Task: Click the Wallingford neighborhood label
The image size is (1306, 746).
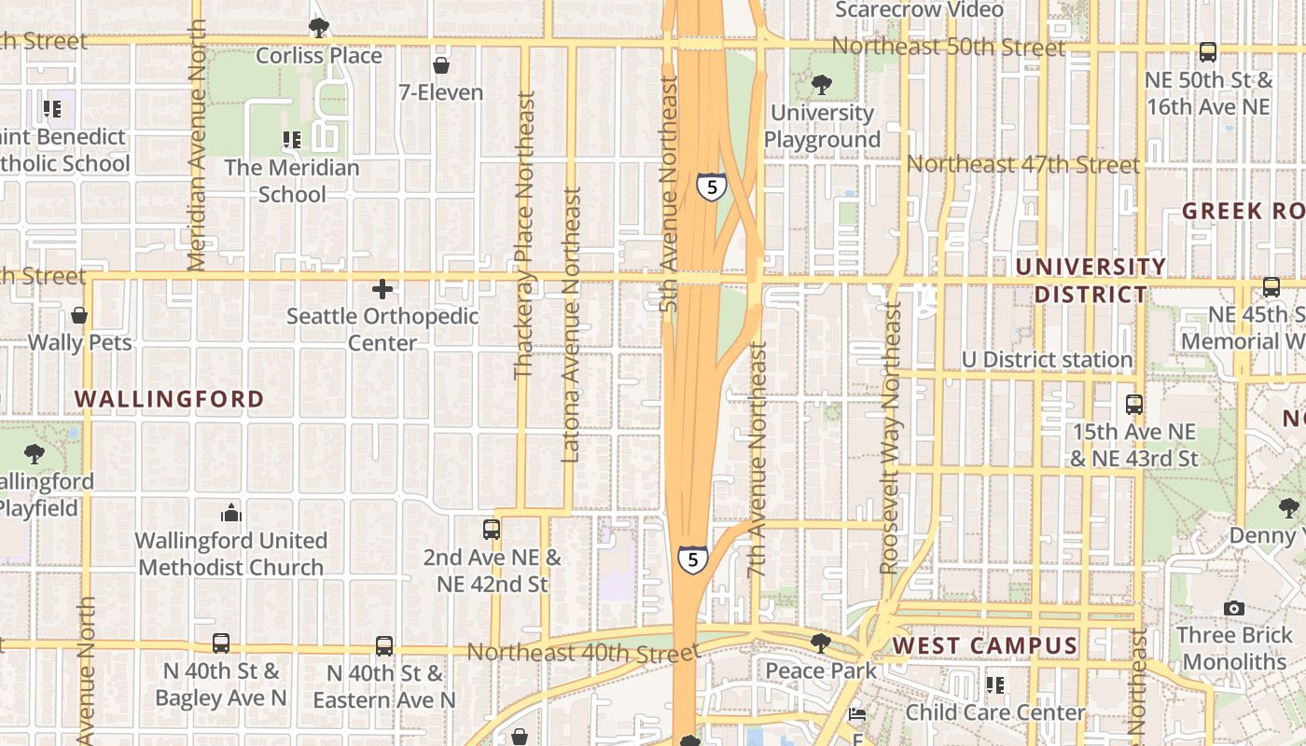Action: coord(169,399)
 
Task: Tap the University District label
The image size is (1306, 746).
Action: coord(1091,281)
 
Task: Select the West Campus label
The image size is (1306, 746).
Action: coord(984,645)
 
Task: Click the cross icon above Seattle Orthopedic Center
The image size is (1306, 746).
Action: coord(382,289)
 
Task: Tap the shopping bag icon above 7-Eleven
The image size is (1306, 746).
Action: coord(440,65)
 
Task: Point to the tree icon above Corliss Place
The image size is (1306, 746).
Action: coord(319,28)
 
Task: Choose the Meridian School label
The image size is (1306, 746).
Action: coord(292,181)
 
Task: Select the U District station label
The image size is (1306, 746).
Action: coord(1047,359)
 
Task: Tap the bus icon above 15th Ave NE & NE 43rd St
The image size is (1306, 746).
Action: coord(1133,405)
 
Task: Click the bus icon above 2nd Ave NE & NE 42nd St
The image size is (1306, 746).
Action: coord(492,530)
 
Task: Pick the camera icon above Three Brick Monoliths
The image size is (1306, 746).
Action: coord(1233,609)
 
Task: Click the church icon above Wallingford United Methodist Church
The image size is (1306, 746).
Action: coord(230,513)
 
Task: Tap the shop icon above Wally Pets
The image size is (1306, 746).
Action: coord(79,315)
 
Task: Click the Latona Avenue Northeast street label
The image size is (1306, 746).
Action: coord(571,325)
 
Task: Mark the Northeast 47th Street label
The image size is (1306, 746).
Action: coord(1022,165)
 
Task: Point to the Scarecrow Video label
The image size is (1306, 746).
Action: coord(919,10)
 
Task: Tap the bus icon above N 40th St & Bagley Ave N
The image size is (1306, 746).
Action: coord(220,643)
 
